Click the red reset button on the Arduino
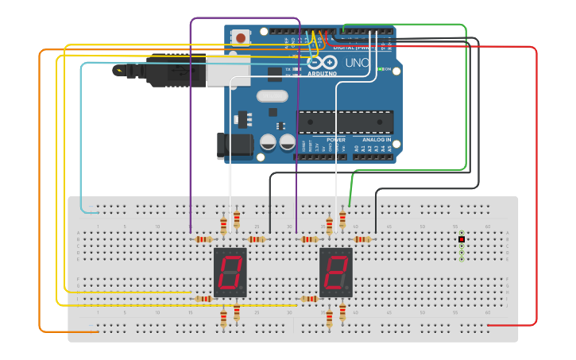(240, 37)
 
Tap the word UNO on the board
(356, 63)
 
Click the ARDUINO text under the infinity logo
(322, 74)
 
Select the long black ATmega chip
(345, 122)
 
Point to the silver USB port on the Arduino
(227, 69)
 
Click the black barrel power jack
(234, 145)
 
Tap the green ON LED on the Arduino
(381, 70)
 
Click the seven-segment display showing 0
(230, 272)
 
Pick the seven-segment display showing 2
(335, 272)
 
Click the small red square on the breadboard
(462, 239)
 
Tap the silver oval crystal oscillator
(272, 96)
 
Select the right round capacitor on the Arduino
(287, 142)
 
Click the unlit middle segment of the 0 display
(230, 272)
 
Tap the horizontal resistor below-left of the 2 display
(308, 299)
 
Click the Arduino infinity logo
(322, 62)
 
